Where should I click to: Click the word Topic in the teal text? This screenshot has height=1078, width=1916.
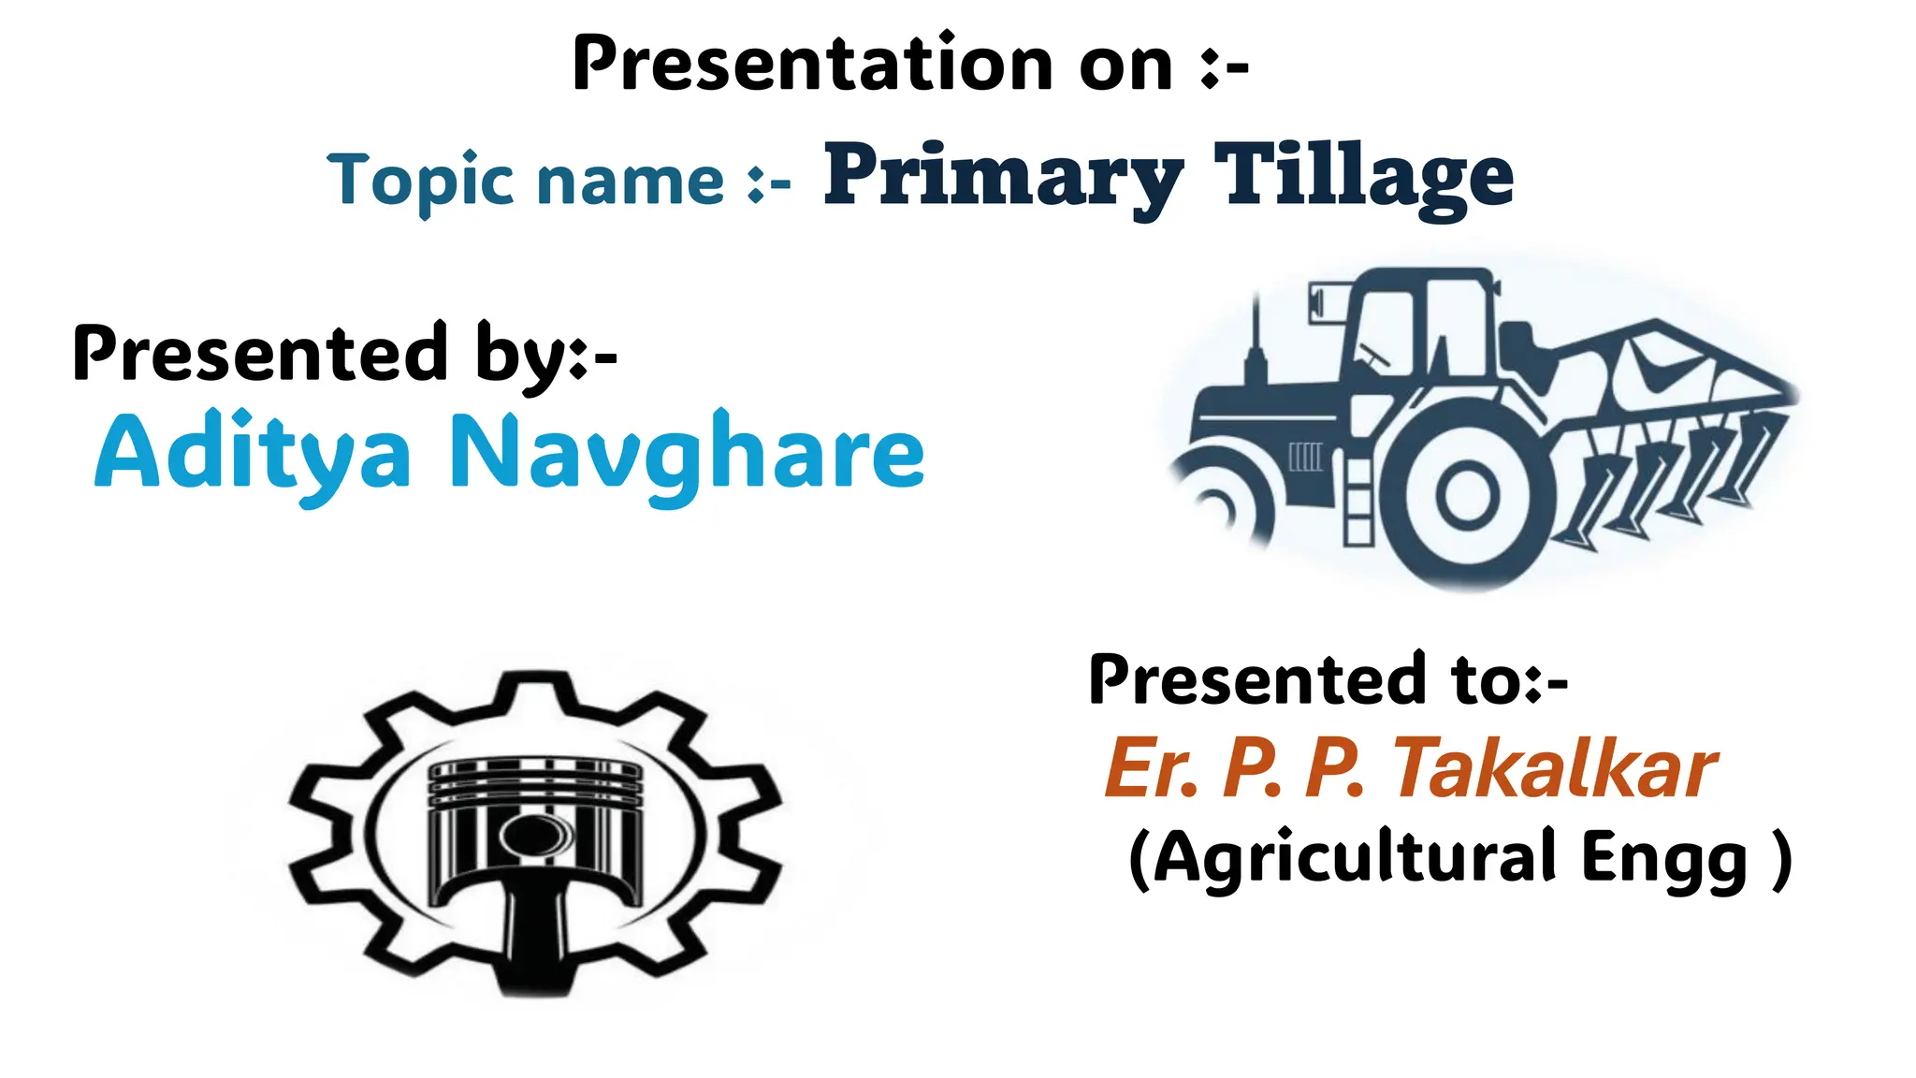(419, 180)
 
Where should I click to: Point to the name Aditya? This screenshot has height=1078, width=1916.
(253, 454)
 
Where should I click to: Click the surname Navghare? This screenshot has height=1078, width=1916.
(687, 454)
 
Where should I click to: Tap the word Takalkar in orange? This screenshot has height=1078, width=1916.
(1554, 768)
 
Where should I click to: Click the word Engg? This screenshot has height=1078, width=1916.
(1663, 859)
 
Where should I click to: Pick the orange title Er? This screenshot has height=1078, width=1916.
(1151, 768)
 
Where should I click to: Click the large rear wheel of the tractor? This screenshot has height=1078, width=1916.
(1466, 496)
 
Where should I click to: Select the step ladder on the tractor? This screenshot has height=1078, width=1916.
(1357, 501)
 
